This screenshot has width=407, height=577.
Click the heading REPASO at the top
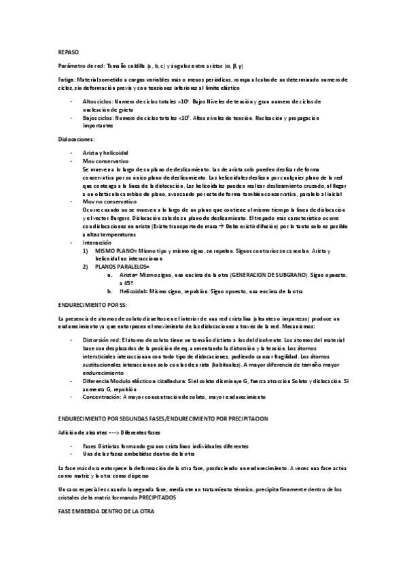(68, 52)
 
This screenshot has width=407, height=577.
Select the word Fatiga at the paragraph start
(67, 79)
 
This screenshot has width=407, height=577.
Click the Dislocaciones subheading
(76, 138)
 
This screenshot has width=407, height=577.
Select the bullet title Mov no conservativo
(107, 202)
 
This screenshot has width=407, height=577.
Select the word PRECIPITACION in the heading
(243, 417)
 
